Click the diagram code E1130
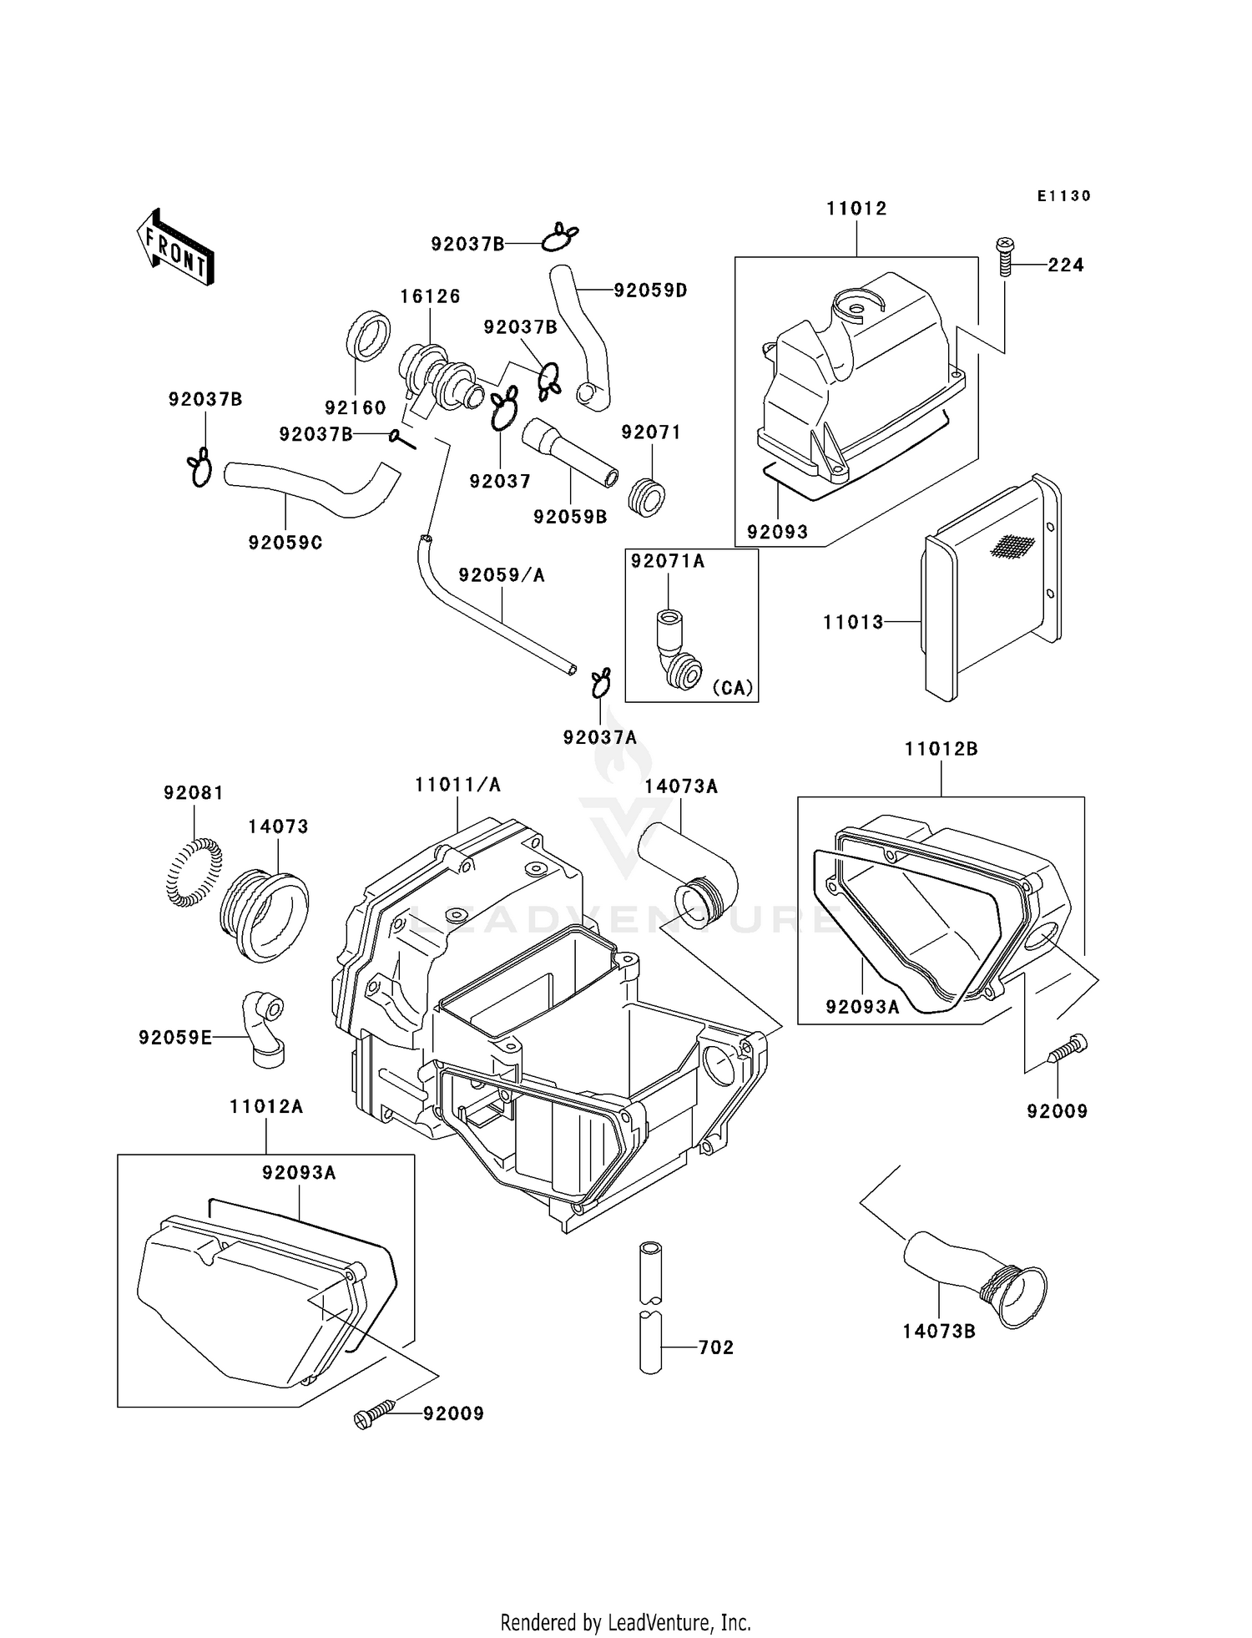click(x=1063, y=196)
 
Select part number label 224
click(x=1066, y=265)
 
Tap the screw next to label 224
click(x=1005, y=257)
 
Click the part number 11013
click(x=852, y=622)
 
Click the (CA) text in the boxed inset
click(x=732, y=688)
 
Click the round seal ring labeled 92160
click(x=367, y=336)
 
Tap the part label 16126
click(x=430, y=296)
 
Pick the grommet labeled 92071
click(x=650, y=497)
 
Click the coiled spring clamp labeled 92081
click(x=195, y=872)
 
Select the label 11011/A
click(x=457, y=785)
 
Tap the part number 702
click(x=715, y=1347)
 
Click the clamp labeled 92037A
click(x=600, y=682)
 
